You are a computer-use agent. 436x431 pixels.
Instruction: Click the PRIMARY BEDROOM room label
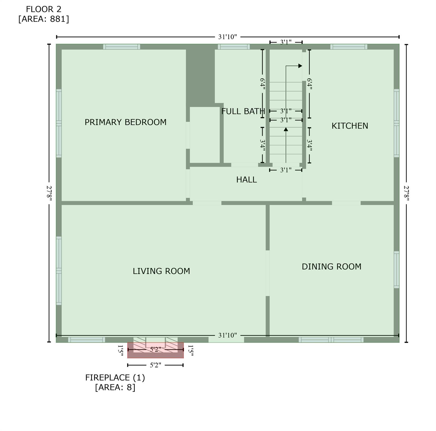(125, 122)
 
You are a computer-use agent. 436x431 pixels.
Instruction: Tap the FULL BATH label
(243, 111)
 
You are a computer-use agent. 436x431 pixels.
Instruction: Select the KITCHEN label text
(350, 126)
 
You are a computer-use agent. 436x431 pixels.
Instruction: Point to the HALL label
(246, 180)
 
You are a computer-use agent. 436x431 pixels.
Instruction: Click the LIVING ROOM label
(161, 271)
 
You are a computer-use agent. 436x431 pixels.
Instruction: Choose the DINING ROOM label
(331, 267)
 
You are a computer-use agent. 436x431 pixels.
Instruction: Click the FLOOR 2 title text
(43, 9)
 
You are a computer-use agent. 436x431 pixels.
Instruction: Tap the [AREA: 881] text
(43, 19)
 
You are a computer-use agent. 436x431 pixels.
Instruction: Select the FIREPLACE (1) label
(115, 378)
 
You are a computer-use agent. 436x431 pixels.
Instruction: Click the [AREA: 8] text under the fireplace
(115, 388)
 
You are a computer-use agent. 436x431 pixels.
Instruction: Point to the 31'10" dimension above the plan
(228, 37)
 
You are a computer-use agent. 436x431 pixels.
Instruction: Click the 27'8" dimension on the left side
(49, 193)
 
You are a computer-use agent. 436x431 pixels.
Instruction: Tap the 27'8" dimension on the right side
(406, 193)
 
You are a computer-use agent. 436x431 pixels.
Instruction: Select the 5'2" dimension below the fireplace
(155, 365)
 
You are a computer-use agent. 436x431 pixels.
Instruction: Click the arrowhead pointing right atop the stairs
(300, 66)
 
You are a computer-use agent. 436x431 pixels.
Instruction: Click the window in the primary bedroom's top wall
(121, 47)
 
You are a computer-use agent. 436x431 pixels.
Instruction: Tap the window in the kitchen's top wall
(349, 47)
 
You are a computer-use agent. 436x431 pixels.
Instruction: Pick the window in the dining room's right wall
(396, 270)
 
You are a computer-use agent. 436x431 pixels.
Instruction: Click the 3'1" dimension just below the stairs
(286, 170)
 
